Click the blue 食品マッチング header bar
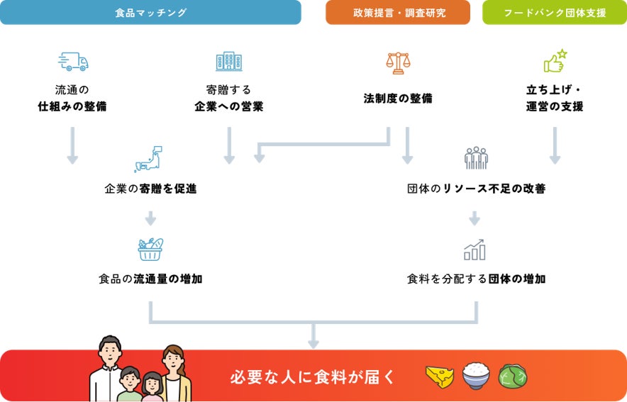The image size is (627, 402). (x=150, y=13)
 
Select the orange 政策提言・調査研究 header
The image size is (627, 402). (x=398, y=13)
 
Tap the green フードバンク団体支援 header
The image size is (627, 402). (x=555, y=13)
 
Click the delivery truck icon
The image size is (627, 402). (x=72, y=62)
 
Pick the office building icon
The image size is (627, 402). (x=228, y=61)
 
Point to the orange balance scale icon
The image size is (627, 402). (x=398, y=63)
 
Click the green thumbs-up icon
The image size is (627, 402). (x=555, y=62)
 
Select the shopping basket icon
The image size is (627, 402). (x=150, y=249)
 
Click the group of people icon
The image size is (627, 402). (x=476, y=157)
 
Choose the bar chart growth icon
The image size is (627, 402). (x=475, y=249)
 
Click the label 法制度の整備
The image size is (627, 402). (x=398, y=99)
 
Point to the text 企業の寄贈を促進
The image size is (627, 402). (x=150, y=189)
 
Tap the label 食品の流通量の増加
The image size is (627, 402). (x=150, y=279)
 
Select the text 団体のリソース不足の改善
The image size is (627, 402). (x=476, y=189)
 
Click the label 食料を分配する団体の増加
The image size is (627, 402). (x=476, y=279)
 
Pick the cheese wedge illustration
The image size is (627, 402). (x=440, y=376)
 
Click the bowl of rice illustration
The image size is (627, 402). (x=476, y=376)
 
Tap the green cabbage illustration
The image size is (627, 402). (x=512, y=376)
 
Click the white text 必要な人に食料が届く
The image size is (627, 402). (x=312, y=376)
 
